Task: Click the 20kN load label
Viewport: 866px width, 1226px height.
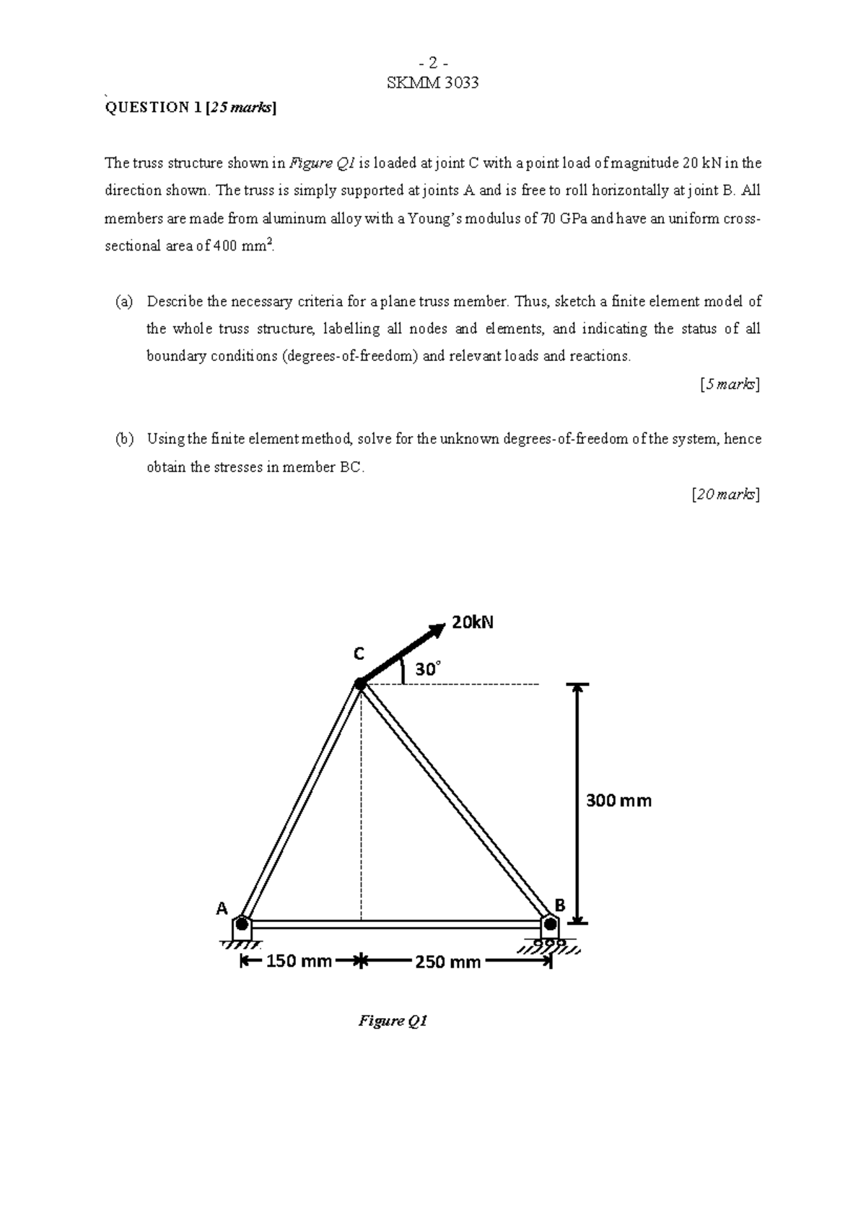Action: click(473, 622)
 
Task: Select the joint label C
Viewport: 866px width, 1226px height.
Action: click(359, 653)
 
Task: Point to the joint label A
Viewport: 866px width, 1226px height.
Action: click(222, 908)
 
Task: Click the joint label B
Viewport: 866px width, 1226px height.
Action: click(560, 905)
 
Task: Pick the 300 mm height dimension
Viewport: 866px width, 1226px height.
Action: click(618, 800)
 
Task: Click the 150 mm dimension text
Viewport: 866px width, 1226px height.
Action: click(299, 961)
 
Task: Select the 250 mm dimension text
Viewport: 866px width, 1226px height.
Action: click(448, 962)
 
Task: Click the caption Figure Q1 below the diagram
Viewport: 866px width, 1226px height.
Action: click(393, 1021)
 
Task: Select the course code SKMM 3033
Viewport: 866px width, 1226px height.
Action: click(433, 82)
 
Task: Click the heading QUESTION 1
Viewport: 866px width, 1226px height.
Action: click(153, 108)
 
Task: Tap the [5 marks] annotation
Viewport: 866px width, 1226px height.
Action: click(730, 384)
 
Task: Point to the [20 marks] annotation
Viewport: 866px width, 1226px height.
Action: click(725, 495)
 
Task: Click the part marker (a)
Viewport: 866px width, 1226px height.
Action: click(124, 301)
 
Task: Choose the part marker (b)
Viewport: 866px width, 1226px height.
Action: click(124, 439)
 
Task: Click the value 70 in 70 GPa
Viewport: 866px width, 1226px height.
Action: click(548, 219)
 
